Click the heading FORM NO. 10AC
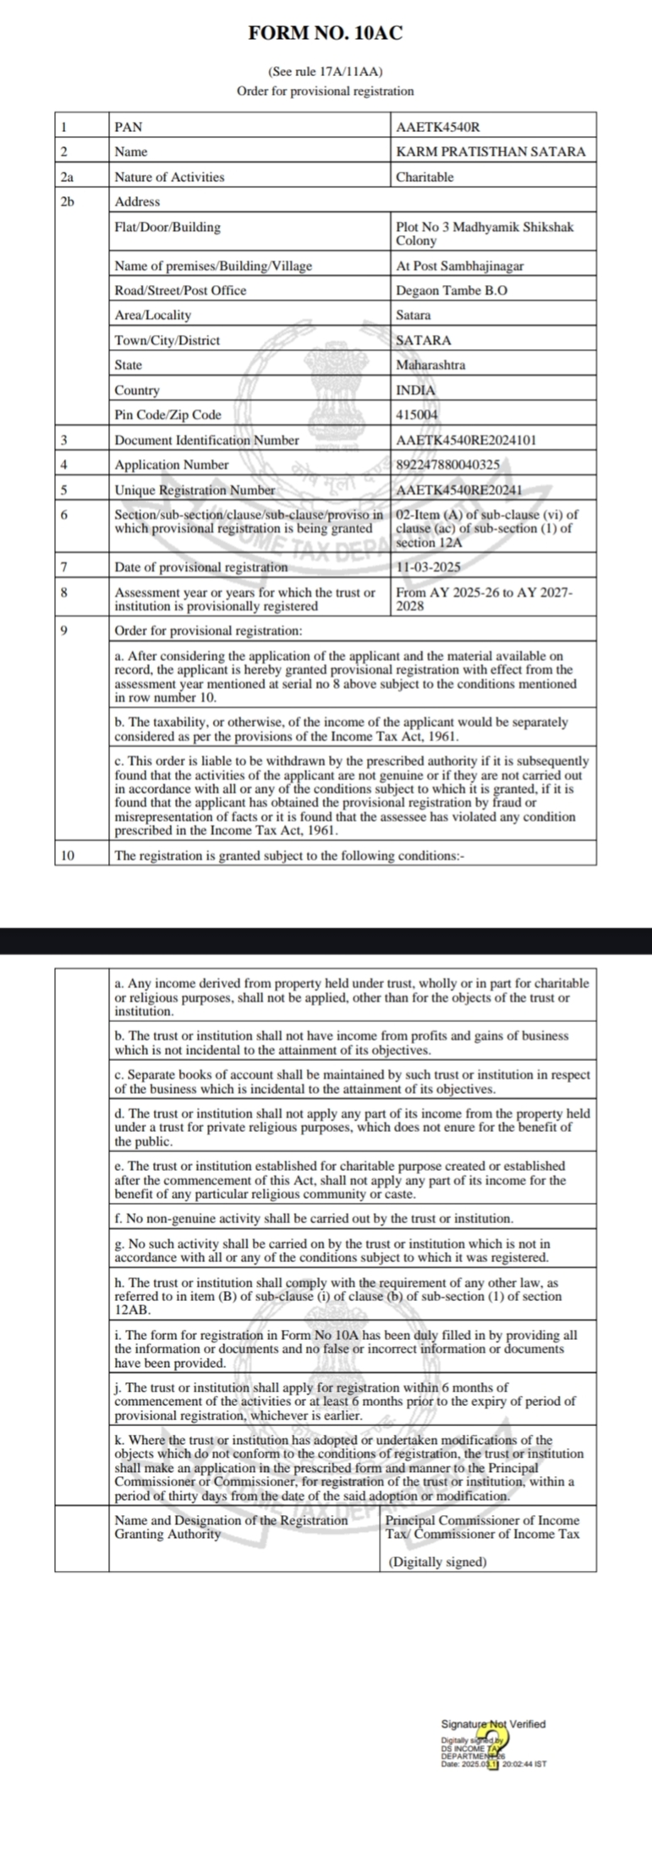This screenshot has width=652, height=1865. (x=326, y=34)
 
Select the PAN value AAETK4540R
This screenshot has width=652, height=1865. (x=437, y=127)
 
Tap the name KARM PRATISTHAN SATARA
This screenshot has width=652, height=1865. (x=490, y=152)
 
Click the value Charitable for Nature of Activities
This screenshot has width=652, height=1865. (x=425, y=178)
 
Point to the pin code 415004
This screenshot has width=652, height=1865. (x=417, y=415)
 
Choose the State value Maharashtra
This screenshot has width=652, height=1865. (x=430, y=365)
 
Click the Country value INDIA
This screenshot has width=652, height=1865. (x=416, y=391)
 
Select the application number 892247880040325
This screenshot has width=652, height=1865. (x=447, y=465)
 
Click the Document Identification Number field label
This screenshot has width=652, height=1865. (x=206, y=440)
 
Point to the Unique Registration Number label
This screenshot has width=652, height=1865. (x=195, y=490)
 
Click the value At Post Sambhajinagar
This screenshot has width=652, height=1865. (x=460, y=265)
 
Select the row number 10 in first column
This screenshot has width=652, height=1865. (x=68, y=855)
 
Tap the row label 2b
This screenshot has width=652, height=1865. (x=68, y=202)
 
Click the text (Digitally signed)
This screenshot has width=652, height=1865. (x=437, y=1562)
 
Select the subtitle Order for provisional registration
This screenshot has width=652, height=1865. (x=326, y=90)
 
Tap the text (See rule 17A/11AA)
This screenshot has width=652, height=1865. (x=326, y=74)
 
